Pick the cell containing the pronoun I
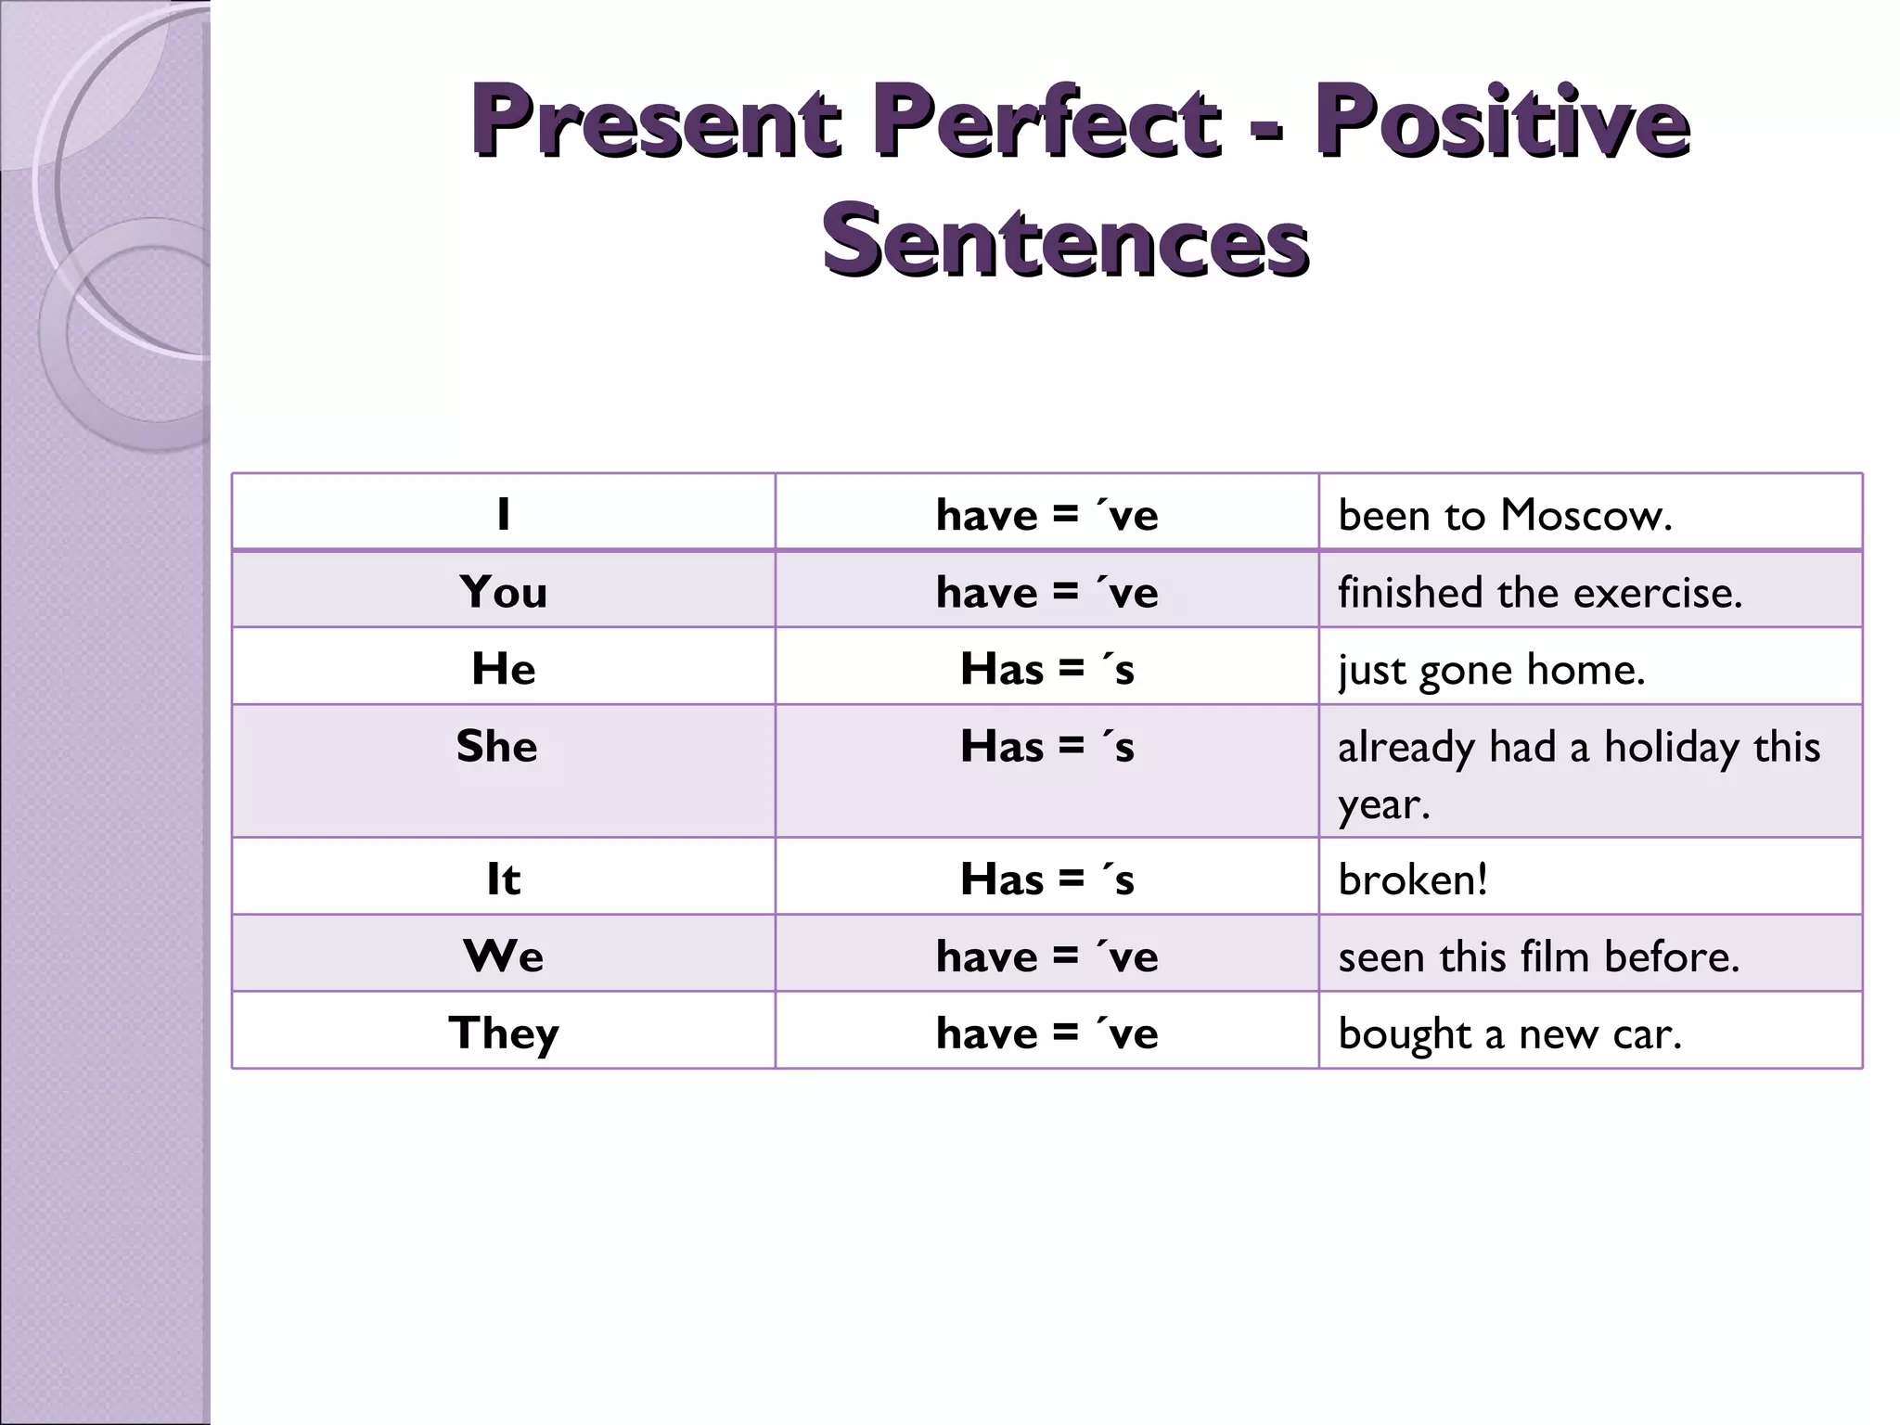pos(503,514)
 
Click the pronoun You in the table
pos(503,592)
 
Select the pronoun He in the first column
pos(503,669)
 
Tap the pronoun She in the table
pos(497,746)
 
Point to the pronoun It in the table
pos(503,879)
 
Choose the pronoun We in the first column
pos(503,956)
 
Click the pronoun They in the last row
pos(503,1033)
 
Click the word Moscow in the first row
pos(1585,515)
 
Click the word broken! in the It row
pos(1412,879)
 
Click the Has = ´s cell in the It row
pos(1046,879)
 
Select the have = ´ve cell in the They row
pos(1046,1033)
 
